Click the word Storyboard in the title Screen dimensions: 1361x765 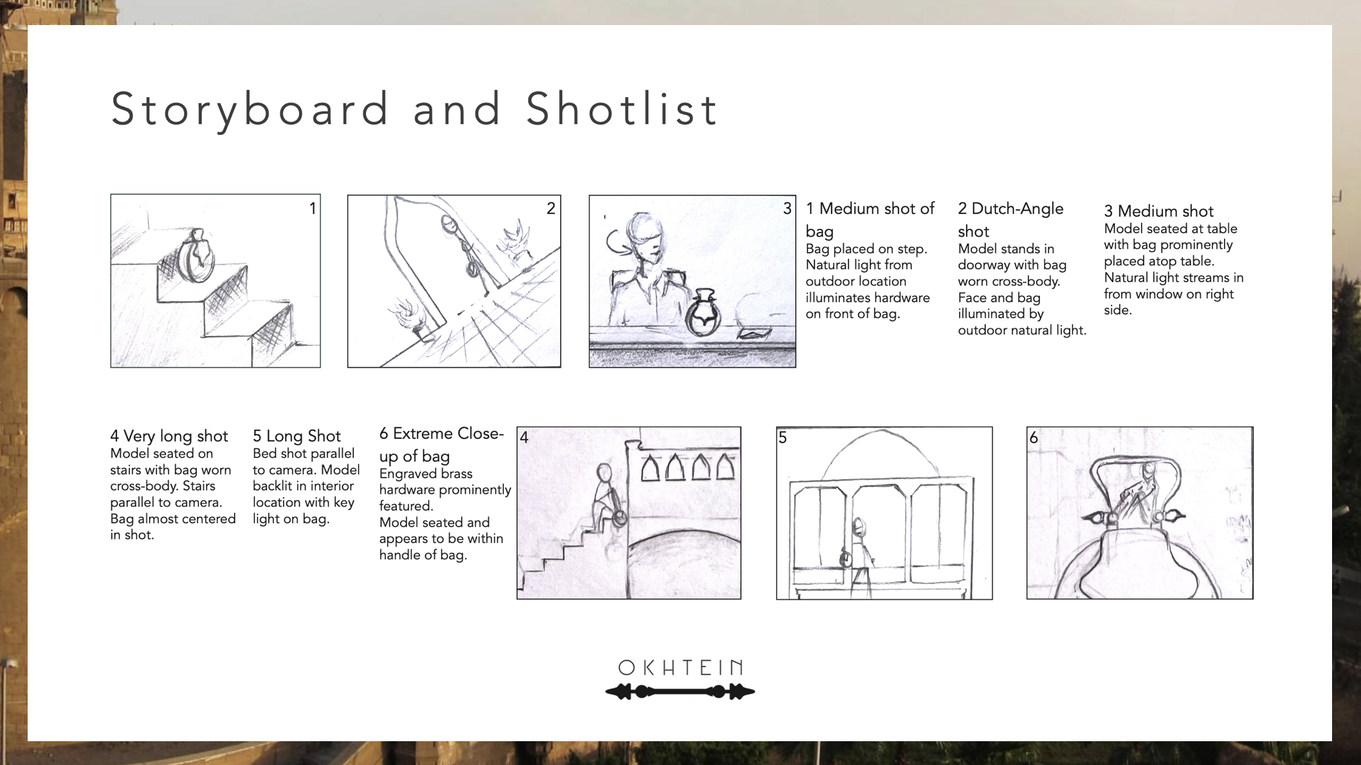point(250,109)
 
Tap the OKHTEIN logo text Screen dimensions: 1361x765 point(680,667)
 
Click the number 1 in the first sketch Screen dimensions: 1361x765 point(313,208)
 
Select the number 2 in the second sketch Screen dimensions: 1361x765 point(551,208)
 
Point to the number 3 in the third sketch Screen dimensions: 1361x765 point(787,208)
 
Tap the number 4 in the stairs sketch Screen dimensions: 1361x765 point(524,438)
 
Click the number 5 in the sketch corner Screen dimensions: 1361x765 point(783,438)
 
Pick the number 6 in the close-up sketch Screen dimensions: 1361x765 point(1033,438)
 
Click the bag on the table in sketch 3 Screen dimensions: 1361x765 point(703,313)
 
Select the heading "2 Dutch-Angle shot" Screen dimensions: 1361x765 point(1010,220)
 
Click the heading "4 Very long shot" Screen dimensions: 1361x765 point(169,436)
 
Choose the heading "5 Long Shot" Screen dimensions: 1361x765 point(297,436)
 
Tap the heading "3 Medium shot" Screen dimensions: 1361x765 point(1158,211)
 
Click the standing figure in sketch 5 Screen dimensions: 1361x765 point(859,557)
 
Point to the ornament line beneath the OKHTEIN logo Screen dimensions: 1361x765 point(680,692)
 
